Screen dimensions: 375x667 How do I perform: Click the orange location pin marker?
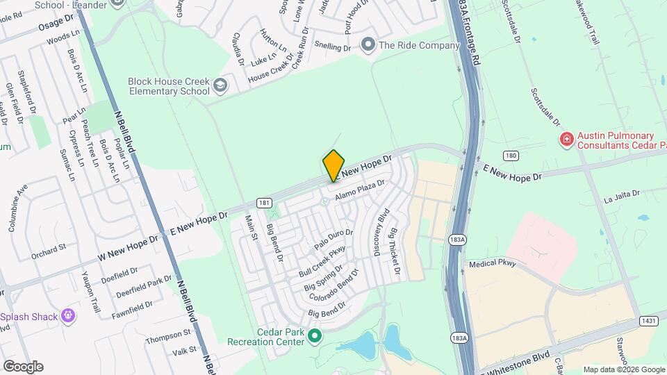[x=334, y=165]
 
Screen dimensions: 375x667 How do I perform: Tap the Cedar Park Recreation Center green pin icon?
[x=315, y=337]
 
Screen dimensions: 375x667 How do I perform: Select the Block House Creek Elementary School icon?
[x=220, y=86]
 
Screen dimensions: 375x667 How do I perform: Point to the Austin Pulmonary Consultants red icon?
[x=567, y=140]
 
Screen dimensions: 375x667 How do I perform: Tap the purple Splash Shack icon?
[x=68, y=316]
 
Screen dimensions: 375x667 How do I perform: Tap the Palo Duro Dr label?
[x=334, y=239]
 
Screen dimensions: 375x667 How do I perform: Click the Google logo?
[x=23, y=367]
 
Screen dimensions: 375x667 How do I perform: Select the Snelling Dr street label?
[x=333, y=47]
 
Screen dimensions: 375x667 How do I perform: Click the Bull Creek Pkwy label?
[x=322, y=261]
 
